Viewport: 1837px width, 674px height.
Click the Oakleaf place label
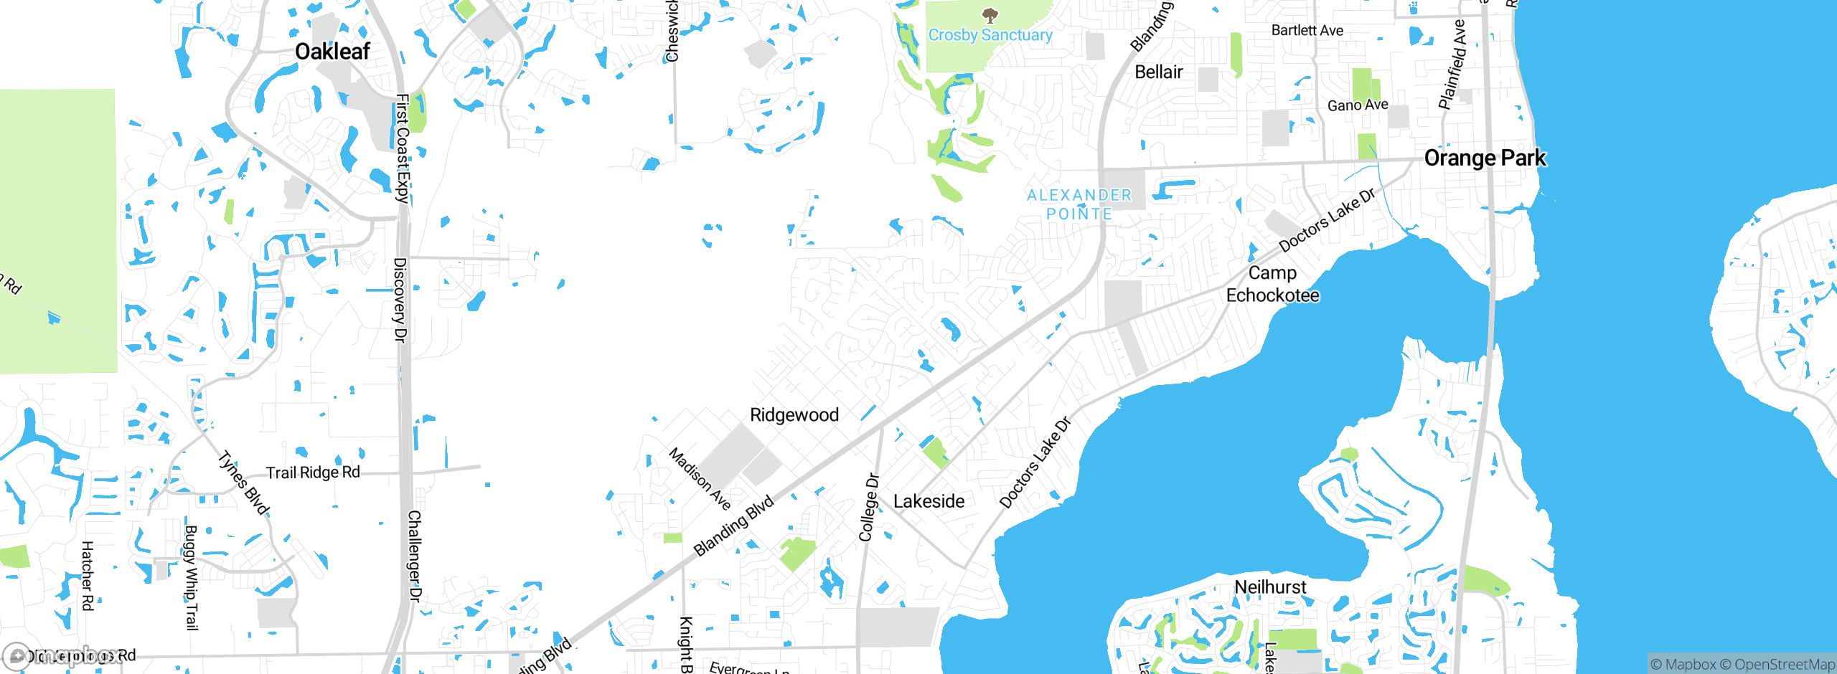pos(332,52)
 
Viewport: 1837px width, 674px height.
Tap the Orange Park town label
pos(1484,158)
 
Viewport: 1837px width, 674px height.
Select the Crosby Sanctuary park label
pos(990,35)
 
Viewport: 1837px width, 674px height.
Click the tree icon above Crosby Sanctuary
pos(990,15)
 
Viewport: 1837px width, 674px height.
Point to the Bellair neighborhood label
pos(1158,72)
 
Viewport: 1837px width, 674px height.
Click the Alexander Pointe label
pos(1079,204)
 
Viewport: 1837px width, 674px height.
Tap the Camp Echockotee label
pos(1272,284)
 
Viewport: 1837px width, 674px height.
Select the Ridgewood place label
pos(794,414)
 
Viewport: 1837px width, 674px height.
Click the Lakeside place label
pos(929,501)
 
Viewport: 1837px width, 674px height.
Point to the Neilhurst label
pos(1270,587)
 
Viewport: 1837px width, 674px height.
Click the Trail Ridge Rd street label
pos(313,473)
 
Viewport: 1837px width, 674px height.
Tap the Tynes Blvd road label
pos(244,483)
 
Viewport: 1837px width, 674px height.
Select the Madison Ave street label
pos(700,479)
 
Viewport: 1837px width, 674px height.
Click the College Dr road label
pos(869,507)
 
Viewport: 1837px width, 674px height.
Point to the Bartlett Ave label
pos(1307,30)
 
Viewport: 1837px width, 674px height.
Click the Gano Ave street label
pos(1358,105)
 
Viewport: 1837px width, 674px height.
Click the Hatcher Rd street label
pos(87,576)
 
